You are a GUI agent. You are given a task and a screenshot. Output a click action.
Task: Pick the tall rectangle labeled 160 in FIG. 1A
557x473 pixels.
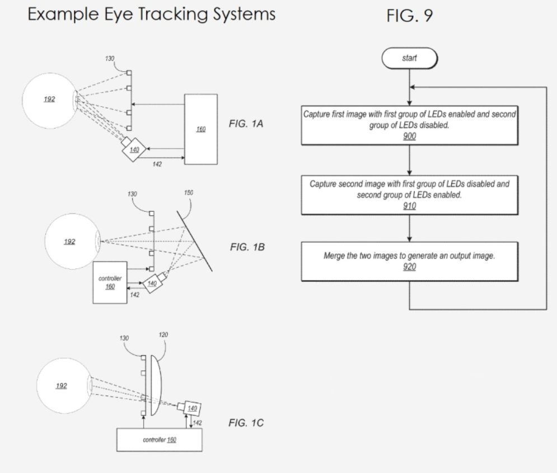point(201,129)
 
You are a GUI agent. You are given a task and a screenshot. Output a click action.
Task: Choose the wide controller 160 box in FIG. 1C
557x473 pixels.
point(159,439)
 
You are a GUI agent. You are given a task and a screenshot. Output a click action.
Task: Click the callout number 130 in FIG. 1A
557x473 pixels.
point(110,58)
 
